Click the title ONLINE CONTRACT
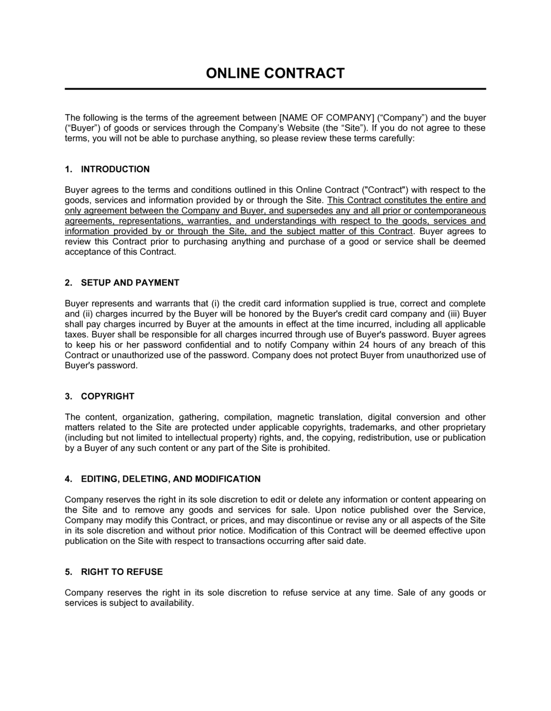pyautogui.click(x=275, y=73)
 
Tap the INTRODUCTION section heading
pyautogui.click(x=115, y=169)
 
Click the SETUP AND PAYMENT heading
pyautogui.click(x=130, y=283)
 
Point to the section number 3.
pyautogui.click(x=68, y=396)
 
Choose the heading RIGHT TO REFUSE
pyautogui.click(x=122, y=572)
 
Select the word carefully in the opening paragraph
pyautogui.click(x=395, y=138)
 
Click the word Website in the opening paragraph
pyautogui.click(x=303, y=128)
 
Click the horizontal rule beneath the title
pyautogui.click(x=275, y=89)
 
